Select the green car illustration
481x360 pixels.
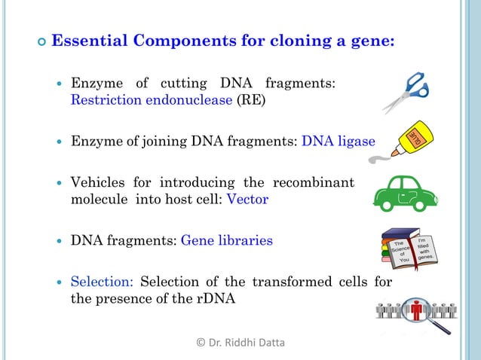[x=406, y=194]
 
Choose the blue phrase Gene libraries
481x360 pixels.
[x=227, y=241]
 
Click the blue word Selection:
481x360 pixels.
[x=102, y=282]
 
